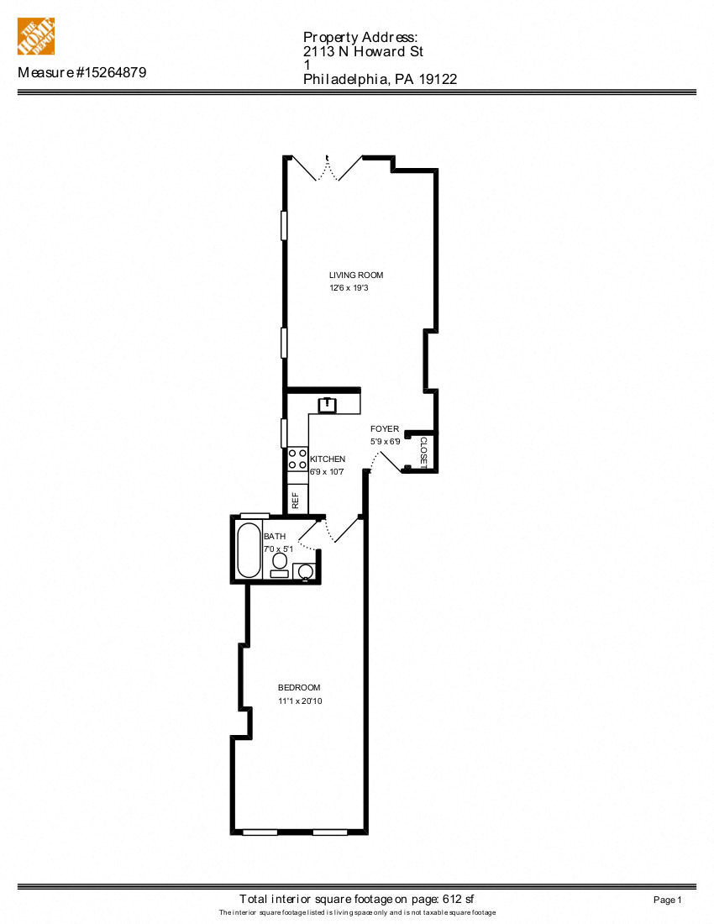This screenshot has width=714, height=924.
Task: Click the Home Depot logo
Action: coord(36,36)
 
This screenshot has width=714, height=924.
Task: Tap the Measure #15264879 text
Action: coord(82,73)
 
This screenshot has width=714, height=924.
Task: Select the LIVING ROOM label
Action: coord(356,276)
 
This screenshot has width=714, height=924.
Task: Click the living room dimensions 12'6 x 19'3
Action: coord(350,288)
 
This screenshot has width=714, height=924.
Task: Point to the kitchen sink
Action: coord(326,406)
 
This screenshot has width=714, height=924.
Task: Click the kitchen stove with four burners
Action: coord(297,459)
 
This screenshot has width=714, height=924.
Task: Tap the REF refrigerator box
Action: coord(297,500)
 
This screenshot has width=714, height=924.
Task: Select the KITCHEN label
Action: coord(328,459)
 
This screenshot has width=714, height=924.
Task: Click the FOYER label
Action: coord(385,429)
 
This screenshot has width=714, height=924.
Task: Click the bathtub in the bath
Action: coord(249,550)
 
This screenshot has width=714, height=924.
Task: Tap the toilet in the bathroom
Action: coord(280,561)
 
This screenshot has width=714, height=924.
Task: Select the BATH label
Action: coord(275,537)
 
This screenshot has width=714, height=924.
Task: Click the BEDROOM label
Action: coord(299,688)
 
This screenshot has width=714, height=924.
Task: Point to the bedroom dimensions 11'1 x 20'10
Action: coord(300,701)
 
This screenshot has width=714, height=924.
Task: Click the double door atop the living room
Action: coord(328,168)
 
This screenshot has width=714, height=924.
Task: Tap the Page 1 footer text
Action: coord(667,900)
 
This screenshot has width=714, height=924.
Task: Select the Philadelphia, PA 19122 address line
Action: coord(380,80)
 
